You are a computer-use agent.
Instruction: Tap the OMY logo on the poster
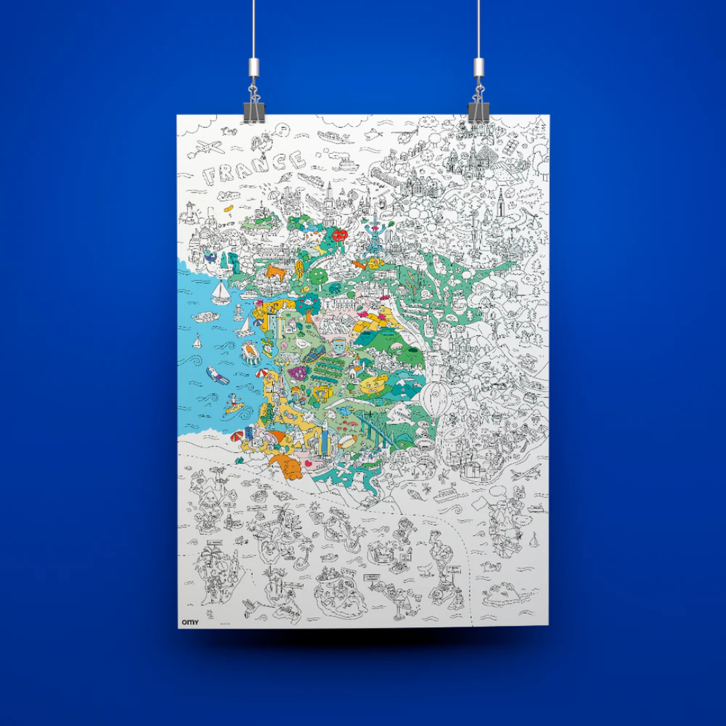[x=189, y=622]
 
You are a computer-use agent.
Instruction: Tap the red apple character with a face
[x=339, y=236]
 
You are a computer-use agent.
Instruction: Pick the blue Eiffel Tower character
[x=372, y=235]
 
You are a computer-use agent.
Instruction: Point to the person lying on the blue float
[x=216, y=375]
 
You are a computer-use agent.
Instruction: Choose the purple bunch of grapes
[x=296, y=371]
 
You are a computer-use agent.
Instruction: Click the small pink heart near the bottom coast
[x=309, y=463]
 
